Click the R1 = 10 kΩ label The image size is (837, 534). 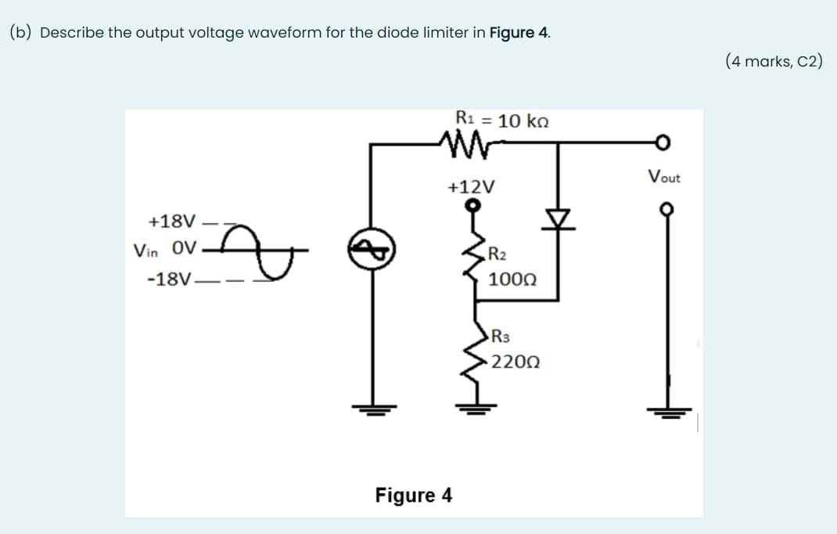pos(501,121)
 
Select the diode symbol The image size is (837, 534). pos(558,216)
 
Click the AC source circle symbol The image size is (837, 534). pos(370,252)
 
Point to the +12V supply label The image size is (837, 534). pos(471,187)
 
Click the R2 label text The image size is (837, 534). pos(498,252)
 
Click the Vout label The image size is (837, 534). pos(664,178)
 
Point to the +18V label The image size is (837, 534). pos(170,222)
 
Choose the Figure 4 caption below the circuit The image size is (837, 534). pos(413,495)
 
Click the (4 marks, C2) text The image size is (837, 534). pos(773,61)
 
